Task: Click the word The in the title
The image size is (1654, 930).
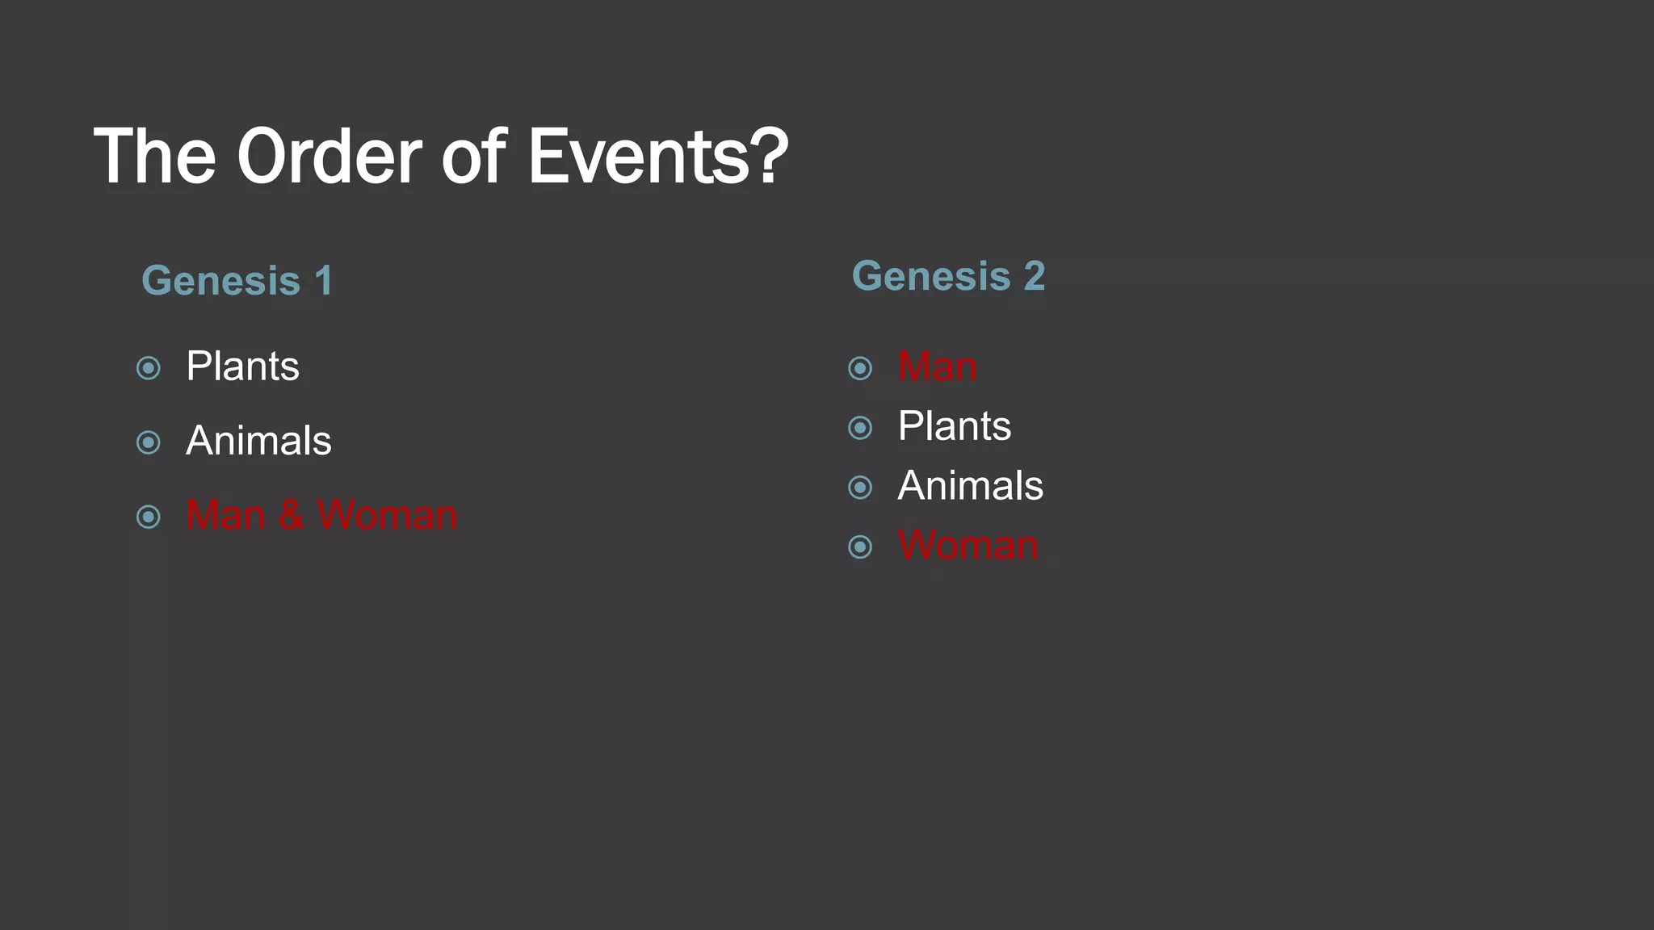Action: coord(154,157)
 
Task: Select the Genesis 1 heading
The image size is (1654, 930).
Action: coord(237,281)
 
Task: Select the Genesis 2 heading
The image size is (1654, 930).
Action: coord(948,276)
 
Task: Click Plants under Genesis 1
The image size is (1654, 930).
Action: coord(242,367)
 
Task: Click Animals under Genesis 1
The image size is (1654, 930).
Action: coord(258,441)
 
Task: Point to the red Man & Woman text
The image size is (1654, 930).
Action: coord(321,515)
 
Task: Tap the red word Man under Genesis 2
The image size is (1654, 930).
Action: coord(937,367)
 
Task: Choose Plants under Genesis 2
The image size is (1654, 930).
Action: coord(954,426)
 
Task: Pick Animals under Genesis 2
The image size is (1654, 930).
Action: coord(970,486)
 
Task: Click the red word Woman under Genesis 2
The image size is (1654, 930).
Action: coord(968,546)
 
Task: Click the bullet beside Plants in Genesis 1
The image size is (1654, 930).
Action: coord(149,368)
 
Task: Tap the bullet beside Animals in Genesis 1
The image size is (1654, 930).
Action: coord(149,442)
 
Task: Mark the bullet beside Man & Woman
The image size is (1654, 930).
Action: coord(149,517)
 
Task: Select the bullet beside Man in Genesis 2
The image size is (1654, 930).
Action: coord(860,368)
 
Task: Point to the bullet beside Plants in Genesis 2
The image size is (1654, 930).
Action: coord(860,427)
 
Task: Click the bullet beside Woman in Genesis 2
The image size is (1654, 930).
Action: coord(860,547)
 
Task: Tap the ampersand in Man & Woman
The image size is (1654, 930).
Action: coord(292,515)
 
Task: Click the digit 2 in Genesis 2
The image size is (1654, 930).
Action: coord(1035,276)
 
